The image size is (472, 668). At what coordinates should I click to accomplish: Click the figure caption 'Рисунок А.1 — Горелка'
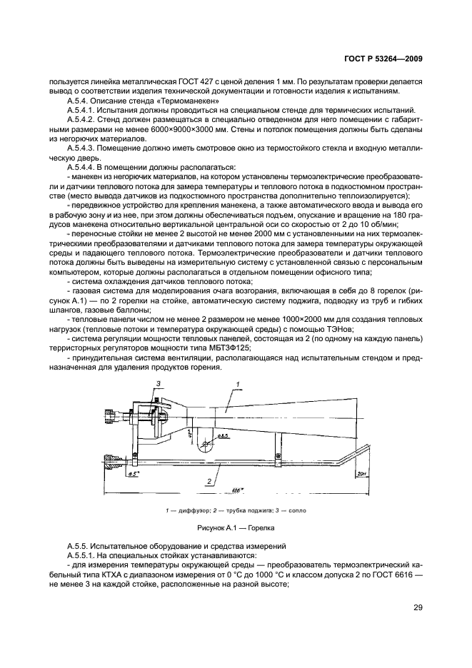click(235, 528)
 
